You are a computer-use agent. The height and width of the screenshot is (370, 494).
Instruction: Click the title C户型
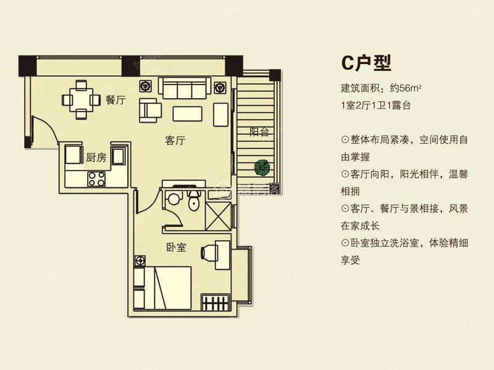[366, 63]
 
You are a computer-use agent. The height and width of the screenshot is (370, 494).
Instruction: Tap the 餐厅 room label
[115, 100]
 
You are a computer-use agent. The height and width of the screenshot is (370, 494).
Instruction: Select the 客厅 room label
[175, 141]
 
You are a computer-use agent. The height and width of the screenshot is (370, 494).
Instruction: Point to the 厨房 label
[96, 157]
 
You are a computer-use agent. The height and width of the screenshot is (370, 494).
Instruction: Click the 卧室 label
[176, 248]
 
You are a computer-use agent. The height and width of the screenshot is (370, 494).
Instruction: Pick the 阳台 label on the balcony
[259, 131]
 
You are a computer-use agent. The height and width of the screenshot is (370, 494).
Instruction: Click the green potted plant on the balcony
[262, 167]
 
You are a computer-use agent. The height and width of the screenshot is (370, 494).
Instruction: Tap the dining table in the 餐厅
[82, 99]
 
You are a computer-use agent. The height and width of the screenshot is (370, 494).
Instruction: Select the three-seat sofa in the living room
[185, 88]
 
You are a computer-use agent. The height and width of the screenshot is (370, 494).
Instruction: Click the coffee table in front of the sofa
[187, 113]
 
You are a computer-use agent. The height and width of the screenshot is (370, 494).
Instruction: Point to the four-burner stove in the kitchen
[96, 179]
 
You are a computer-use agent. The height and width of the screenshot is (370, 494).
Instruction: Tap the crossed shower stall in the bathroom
[219, 216]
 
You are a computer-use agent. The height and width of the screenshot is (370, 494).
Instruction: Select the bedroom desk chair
[209, 252]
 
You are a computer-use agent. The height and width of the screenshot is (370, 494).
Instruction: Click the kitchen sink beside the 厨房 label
[119, 155]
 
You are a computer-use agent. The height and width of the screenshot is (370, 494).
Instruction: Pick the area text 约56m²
[406, 88]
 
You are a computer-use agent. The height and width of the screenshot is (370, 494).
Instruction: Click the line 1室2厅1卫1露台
[376, 105]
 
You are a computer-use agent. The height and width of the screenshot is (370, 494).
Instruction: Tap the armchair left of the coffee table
[150, 110]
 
